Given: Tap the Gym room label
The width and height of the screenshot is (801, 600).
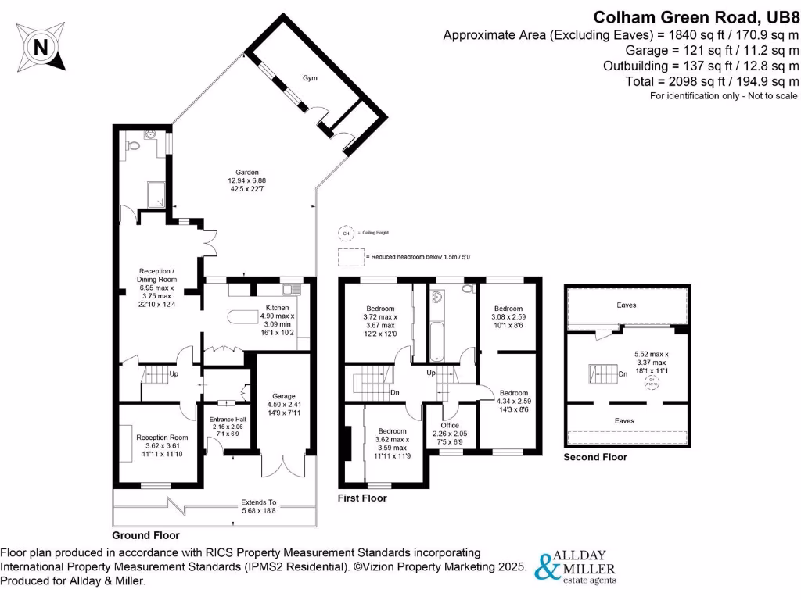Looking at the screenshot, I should (x=311, y=79).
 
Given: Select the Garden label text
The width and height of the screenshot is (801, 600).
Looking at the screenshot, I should (x=249, y=173).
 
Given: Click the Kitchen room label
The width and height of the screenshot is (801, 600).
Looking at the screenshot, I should (x=277, y=309).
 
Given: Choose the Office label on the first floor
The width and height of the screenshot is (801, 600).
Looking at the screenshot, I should (x=449, y=425).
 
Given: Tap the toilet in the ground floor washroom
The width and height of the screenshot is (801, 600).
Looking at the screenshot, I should (x=134, y=145).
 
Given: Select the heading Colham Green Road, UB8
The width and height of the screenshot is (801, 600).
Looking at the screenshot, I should (x=696, y=16).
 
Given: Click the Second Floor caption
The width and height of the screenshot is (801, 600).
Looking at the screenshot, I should (x=595, y=457).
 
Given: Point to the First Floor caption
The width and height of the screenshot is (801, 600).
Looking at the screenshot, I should (x=362, y=498).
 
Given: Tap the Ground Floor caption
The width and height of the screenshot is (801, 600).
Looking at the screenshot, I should (x=145, y=536).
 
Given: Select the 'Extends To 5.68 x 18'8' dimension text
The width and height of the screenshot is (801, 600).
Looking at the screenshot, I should (x=260, y=506).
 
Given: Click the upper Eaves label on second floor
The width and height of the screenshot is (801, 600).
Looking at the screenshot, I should (x=625, y=305).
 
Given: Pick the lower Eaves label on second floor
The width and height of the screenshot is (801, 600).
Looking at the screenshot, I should (x=624, y=420).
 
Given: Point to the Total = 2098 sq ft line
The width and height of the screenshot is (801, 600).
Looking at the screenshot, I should (x=713, y=81).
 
